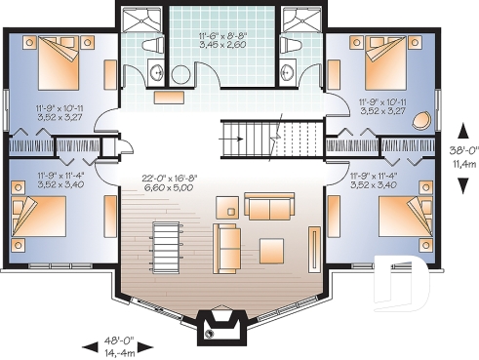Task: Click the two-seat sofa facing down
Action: click(267, 206)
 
